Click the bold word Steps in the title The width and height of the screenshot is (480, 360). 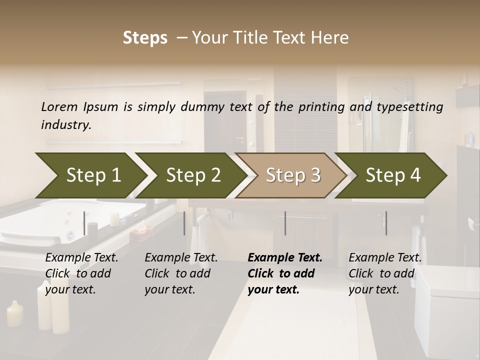point(145,38)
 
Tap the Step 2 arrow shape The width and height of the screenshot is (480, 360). point(190,175)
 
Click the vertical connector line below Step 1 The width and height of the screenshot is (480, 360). point(84,223)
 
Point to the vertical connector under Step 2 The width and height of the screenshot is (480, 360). point(184,223)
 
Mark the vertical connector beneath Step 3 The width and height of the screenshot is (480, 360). point(285,223)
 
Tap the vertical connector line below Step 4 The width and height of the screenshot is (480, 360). point(386,223)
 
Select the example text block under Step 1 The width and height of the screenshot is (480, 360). point(81,273)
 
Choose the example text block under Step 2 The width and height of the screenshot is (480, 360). point(181,273)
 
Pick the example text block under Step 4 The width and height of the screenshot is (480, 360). point(385,273)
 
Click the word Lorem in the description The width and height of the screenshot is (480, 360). point(59,106)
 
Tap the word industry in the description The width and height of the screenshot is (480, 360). point(66,124)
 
